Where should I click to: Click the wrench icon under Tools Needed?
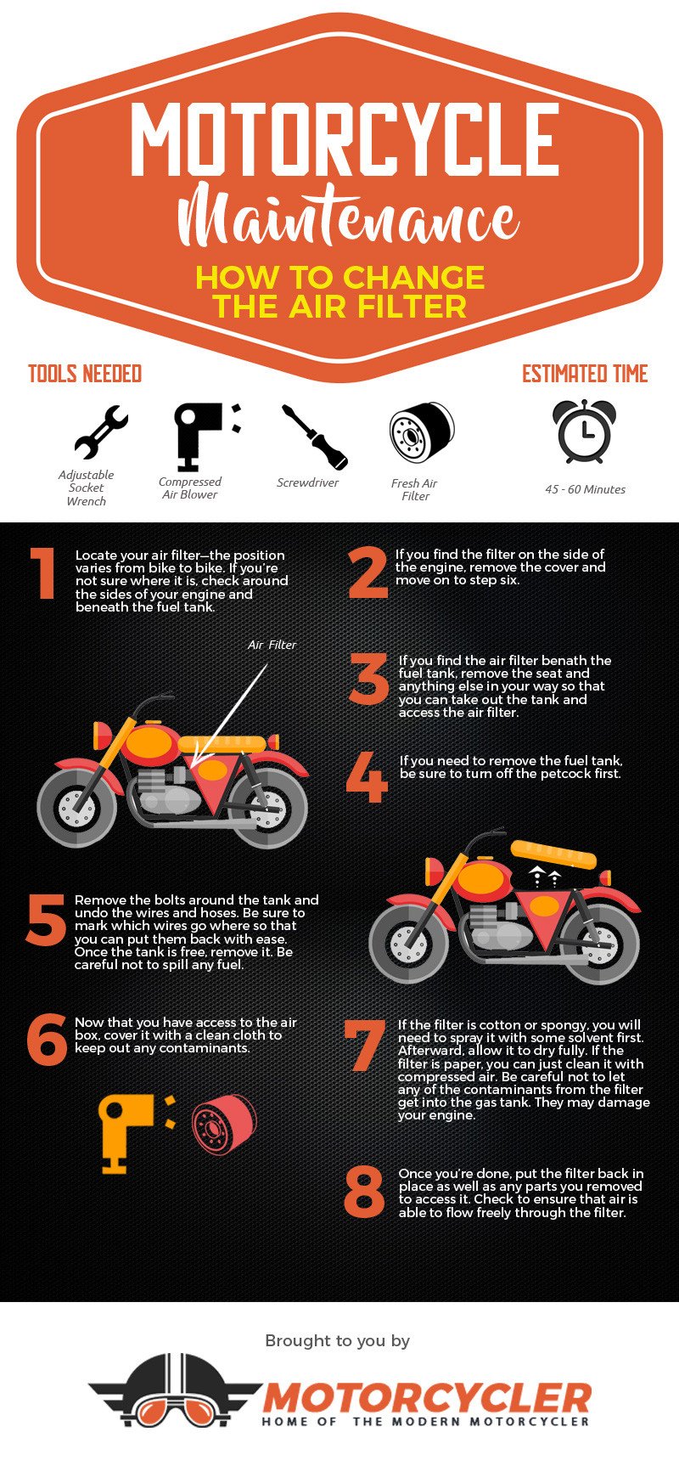tap(100, 432)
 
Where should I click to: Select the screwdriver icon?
tap(315, 437)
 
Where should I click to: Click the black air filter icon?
tap(422, 432)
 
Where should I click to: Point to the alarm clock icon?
tap(585, 431)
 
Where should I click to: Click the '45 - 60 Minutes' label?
tap(585, 489)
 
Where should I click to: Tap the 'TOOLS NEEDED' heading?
tap(85, 374)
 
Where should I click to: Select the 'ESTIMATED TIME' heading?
tap(585, 374)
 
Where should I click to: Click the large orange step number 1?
tap(44, 574)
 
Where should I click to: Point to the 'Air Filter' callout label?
tap(272, 645)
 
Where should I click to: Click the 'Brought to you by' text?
tap(338, 1340)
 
